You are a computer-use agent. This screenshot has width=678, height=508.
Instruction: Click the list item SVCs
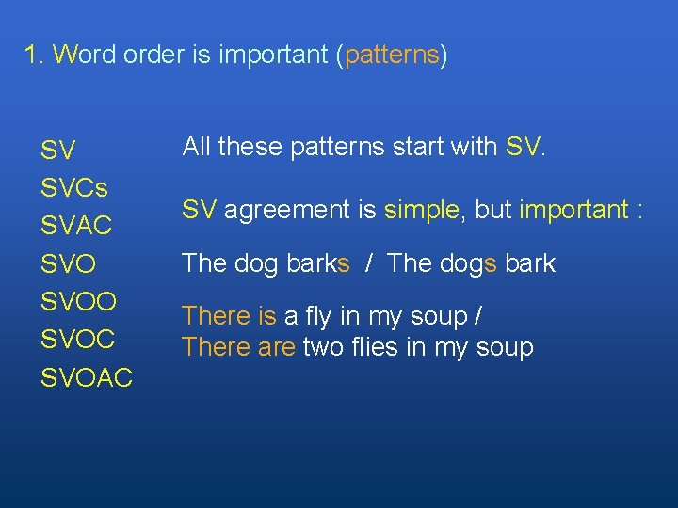(74, 188)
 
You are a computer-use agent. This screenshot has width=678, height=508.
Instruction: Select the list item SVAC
(76, 226)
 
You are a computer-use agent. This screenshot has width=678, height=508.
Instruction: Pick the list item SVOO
(79, 302)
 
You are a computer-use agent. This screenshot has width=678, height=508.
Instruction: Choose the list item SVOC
(78, 340)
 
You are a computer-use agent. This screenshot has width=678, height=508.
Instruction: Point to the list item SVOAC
(87, 378)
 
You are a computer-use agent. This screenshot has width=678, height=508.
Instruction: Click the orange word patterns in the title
(392, 56)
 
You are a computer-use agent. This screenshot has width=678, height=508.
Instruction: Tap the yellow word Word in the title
(85, 55)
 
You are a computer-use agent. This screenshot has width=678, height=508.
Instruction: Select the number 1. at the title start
(35, 55)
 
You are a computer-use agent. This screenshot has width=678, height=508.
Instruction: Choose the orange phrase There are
(239, 347)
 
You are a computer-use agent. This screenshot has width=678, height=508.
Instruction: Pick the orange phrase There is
(229, 316)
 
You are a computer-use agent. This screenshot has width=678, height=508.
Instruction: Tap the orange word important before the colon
(573, 210)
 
